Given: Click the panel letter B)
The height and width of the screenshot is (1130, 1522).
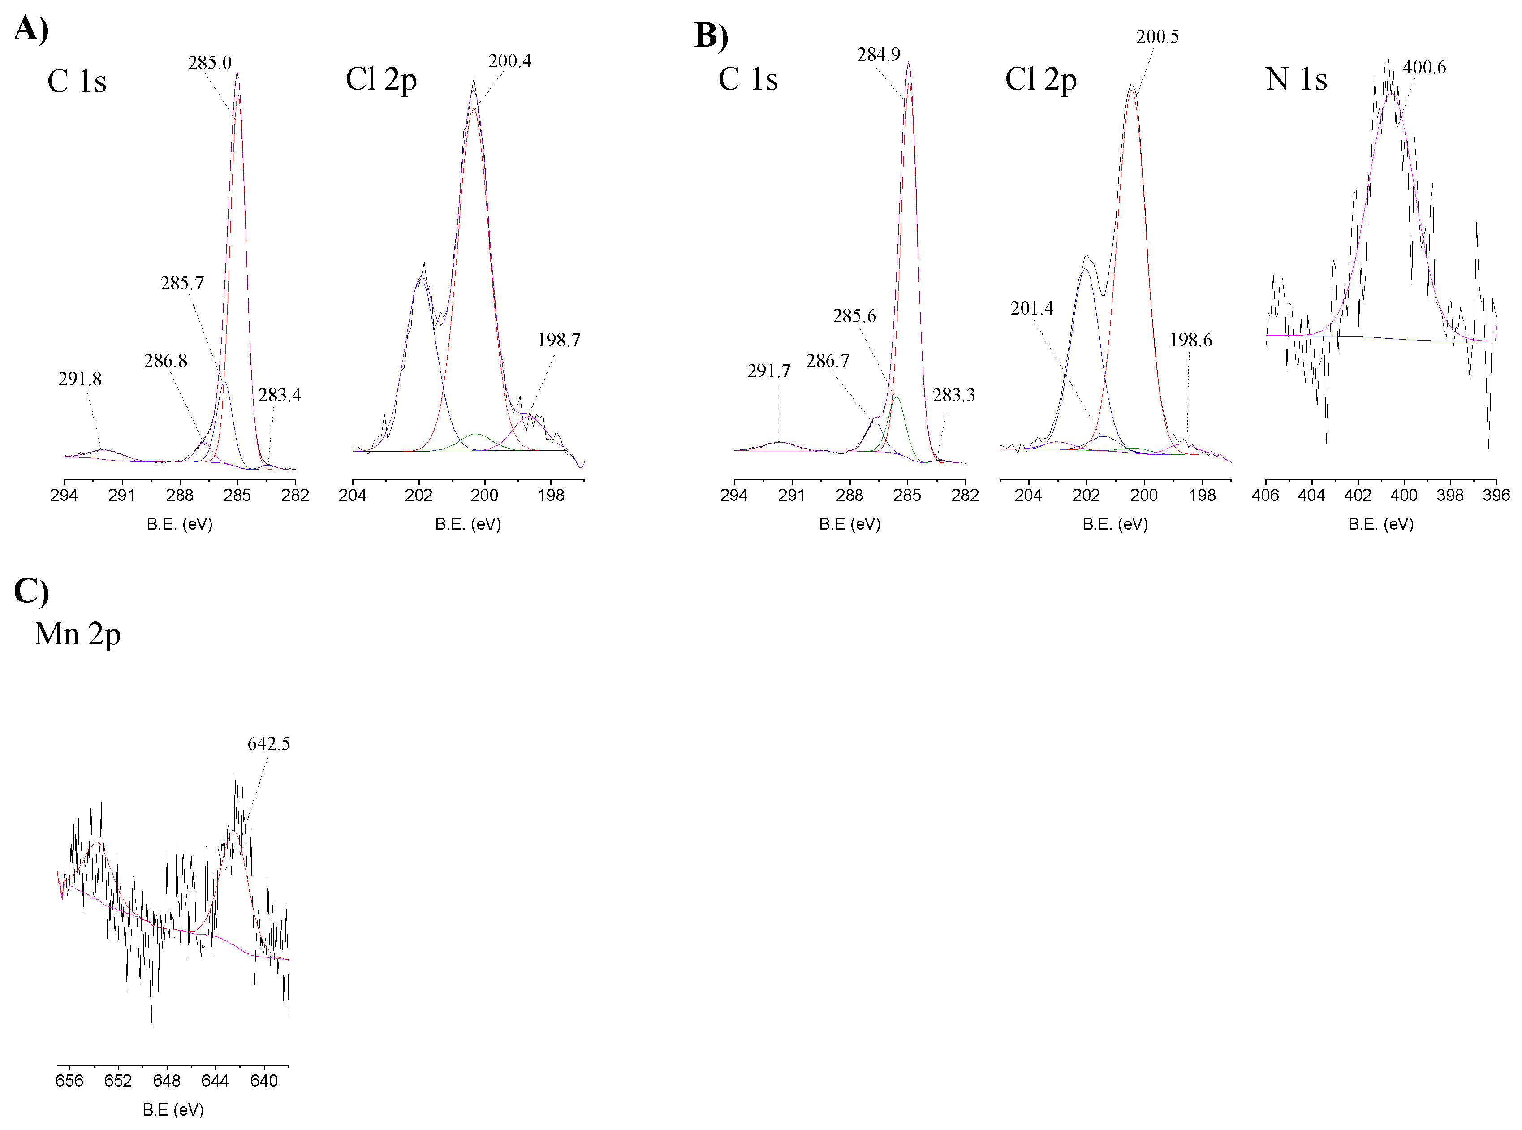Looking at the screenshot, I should [x=711, y=35].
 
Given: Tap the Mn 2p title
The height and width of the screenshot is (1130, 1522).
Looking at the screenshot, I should [x=78, y=634].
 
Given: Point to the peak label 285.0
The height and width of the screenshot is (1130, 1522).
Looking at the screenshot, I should [x=210, y=63].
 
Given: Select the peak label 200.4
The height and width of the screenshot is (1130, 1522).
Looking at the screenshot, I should [x=509, y=61].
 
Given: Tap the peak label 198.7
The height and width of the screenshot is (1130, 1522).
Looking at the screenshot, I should [x=558, y=340].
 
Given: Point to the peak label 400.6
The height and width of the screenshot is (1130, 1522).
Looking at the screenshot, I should [x=1424, y=67].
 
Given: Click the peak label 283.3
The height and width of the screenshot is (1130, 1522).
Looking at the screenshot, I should [x=953, y=395].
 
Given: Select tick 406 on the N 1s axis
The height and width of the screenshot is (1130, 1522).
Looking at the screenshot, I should [x=1265, y=495].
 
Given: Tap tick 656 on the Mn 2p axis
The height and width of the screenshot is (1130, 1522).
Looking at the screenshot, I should [x=69, y=1081].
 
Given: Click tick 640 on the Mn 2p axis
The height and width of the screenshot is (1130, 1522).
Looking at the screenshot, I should [x=264, y=1081].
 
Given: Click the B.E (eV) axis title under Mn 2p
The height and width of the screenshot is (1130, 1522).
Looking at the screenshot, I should [x=173, y=1109].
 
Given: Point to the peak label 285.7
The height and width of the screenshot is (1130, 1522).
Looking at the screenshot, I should [x=182, y=283].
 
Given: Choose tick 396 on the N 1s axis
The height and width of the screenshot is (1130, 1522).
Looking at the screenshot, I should [x=1496, y=495].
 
